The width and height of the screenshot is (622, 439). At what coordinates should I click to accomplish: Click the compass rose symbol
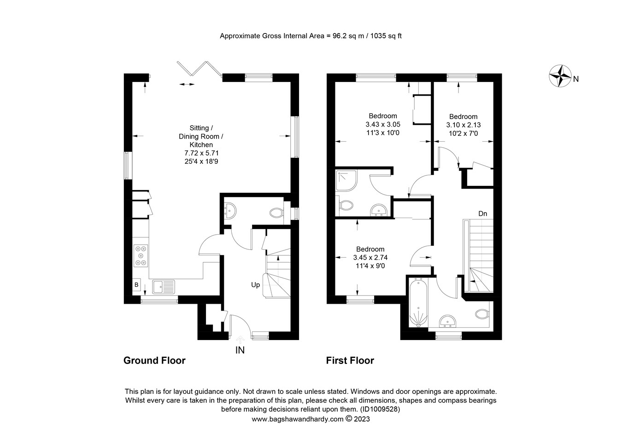click(x=560, y=76)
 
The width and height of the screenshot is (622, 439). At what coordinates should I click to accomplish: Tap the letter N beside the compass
click(x=576, y=79)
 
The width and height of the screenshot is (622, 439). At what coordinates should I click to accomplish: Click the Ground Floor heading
click(x=154, y=361)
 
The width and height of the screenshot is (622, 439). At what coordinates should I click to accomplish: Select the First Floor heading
click(x=350, y=361)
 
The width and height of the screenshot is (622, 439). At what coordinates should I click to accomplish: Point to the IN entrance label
click(x=240, y=350)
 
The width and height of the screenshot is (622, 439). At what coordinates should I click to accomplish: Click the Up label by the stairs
click(x=255, y=285)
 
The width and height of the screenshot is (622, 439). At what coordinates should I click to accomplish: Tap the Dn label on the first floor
click(x=482, y=214)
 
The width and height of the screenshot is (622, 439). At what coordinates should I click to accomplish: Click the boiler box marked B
click(x=136, y=285)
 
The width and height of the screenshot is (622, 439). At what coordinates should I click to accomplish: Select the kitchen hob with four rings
click(x=141, y=255)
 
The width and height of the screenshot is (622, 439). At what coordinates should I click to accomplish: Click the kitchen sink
click(x=164, y=286)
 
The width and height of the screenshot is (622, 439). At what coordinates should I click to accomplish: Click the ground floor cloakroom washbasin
click(x=230, y=211)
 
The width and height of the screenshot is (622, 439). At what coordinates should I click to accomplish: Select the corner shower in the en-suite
click(x=346, y=180)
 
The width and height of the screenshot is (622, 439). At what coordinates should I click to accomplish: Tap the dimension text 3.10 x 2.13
click(x=464, y=125)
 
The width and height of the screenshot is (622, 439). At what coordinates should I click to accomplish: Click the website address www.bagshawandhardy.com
click(x=298, y=419)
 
